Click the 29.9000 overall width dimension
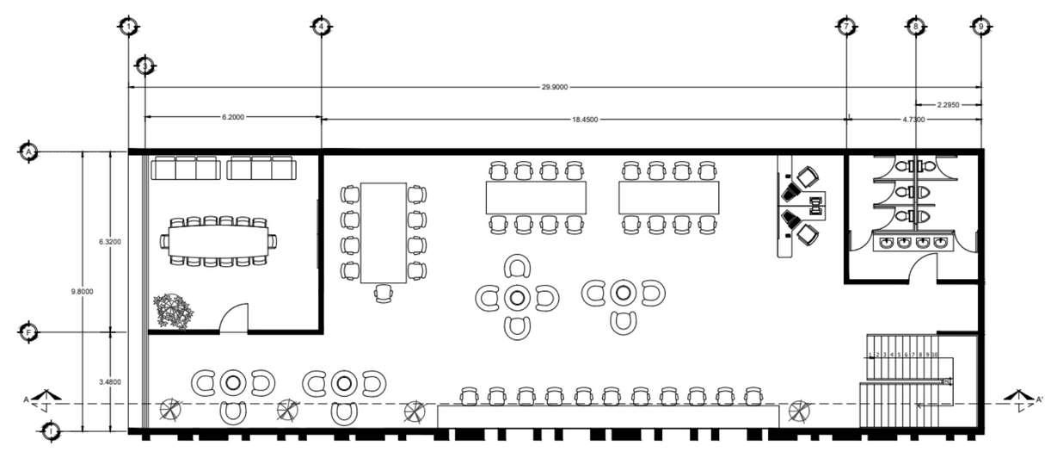[554, 87]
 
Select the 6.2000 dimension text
[233, 116]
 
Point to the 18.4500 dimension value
[584, 121]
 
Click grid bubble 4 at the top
[321, 27]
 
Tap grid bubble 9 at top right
[980, 27]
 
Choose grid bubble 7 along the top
[846, 27]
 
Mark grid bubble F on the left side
[28, 332]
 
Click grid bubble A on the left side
[28, 152]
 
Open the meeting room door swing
[235, 318]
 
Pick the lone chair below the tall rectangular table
[384, 295]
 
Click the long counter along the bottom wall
[607, 417]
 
